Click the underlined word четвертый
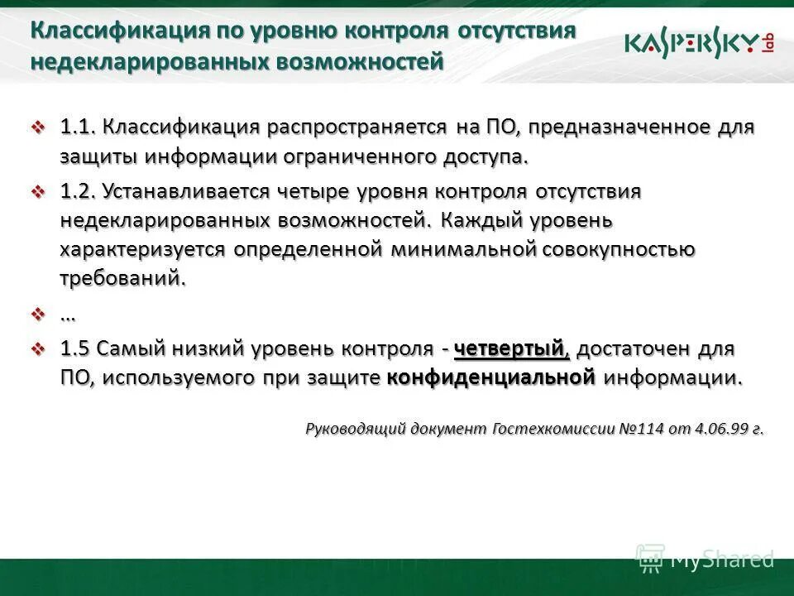click(512, 349)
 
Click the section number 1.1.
click(79, 128)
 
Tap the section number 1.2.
click(79, 191)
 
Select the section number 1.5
click(75, 349)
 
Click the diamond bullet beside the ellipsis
click(37, 315)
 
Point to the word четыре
click(313, 191)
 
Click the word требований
click(122, 278)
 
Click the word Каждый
click(481, 220)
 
